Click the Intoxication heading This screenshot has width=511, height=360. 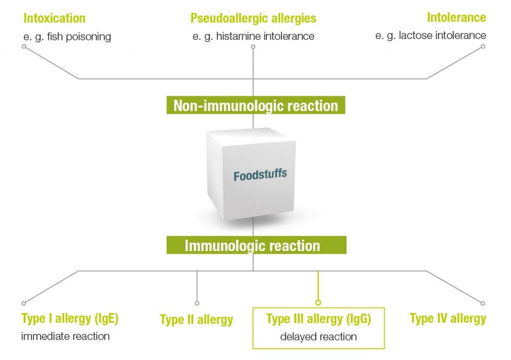[x=54, y=18]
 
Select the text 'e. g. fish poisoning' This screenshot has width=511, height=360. [x=67, y=36]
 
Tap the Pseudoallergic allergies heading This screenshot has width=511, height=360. [x=253, y=18]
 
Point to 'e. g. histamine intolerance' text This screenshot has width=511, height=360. [x=253, y=36]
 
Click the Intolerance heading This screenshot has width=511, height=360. [x=456, y=17]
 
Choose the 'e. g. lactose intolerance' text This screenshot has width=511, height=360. [x=430, y=35]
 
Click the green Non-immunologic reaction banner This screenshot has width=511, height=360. [x=255, y=106]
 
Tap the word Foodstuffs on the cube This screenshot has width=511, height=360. [x=260, y=175]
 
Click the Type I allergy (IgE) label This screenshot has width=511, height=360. [x=70, y=319]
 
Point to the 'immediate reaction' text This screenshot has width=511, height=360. [x=65, y=336]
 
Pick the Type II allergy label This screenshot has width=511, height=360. [x=196, y=320]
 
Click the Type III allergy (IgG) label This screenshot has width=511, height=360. [x=318, y=319]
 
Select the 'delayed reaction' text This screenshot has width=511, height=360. [x=318, y=337]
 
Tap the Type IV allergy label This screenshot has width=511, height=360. [x=448, y=319]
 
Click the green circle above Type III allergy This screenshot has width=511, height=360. [x=318, y=302]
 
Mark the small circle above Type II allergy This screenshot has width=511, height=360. [x=197, y=303]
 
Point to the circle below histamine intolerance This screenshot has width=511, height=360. [x=253, y=47]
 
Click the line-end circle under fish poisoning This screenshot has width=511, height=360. [x=23, y=47]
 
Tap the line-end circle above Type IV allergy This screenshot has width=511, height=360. [x=483, y=303]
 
